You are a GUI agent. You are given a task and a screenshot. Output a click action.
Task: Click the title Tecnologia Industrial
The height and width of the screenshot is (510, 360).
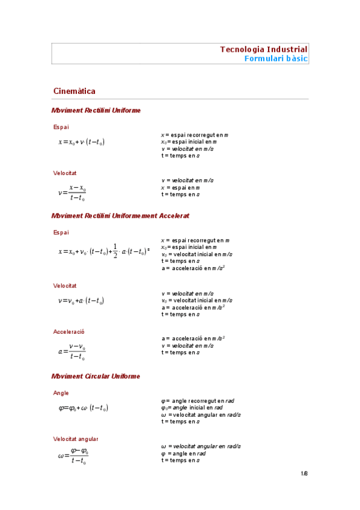coord(263,49)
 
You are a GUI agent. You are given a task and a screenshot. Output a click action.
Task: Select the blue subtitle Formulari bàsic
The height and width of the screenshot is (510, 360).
coord(276,58)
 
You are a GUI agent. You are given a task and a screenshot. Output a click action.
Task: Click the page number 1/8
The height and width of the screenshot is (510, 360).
coord(304,474)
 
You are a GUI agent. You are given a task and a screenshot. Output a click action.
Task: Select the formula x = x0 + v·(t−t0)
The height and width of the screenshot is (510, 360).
coord(82,143)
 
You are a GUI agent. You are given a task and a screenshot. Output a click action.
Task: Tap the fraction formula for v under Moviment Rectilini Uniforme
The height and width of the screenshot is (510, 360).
coord(72,192)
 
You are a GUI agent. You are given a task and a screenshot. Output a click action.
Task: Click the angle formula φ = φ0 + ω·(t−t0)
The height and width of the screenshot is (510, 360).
coord(83,408)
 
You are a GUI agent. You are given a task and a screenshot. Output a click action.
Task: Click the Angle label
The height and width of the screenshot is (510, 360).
coord(61,393)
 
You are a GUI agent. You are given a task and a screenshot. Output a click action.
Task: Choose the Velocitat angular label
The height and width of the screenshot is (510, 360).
coord(76,439)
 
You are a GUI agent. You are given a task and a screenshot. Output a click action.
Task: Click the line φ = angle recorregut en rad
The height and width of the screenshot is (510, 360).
coord(197,401)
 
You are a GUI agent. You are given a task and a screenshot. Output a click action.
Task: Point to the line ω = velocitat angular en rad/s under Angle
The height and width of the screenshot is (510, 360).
coord(201,415)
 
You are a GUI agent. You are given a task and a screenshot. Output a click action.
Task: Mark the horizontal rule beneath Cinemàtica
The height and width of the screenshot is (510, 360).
coord(180,99)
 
